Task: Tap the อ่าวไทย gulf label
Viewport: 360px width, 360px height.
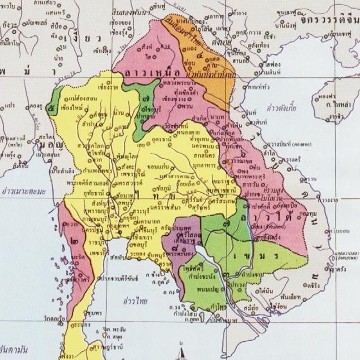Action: click(135, 301)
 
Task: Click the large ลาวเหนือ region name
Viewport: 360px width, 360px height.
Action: click(150, 73)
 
